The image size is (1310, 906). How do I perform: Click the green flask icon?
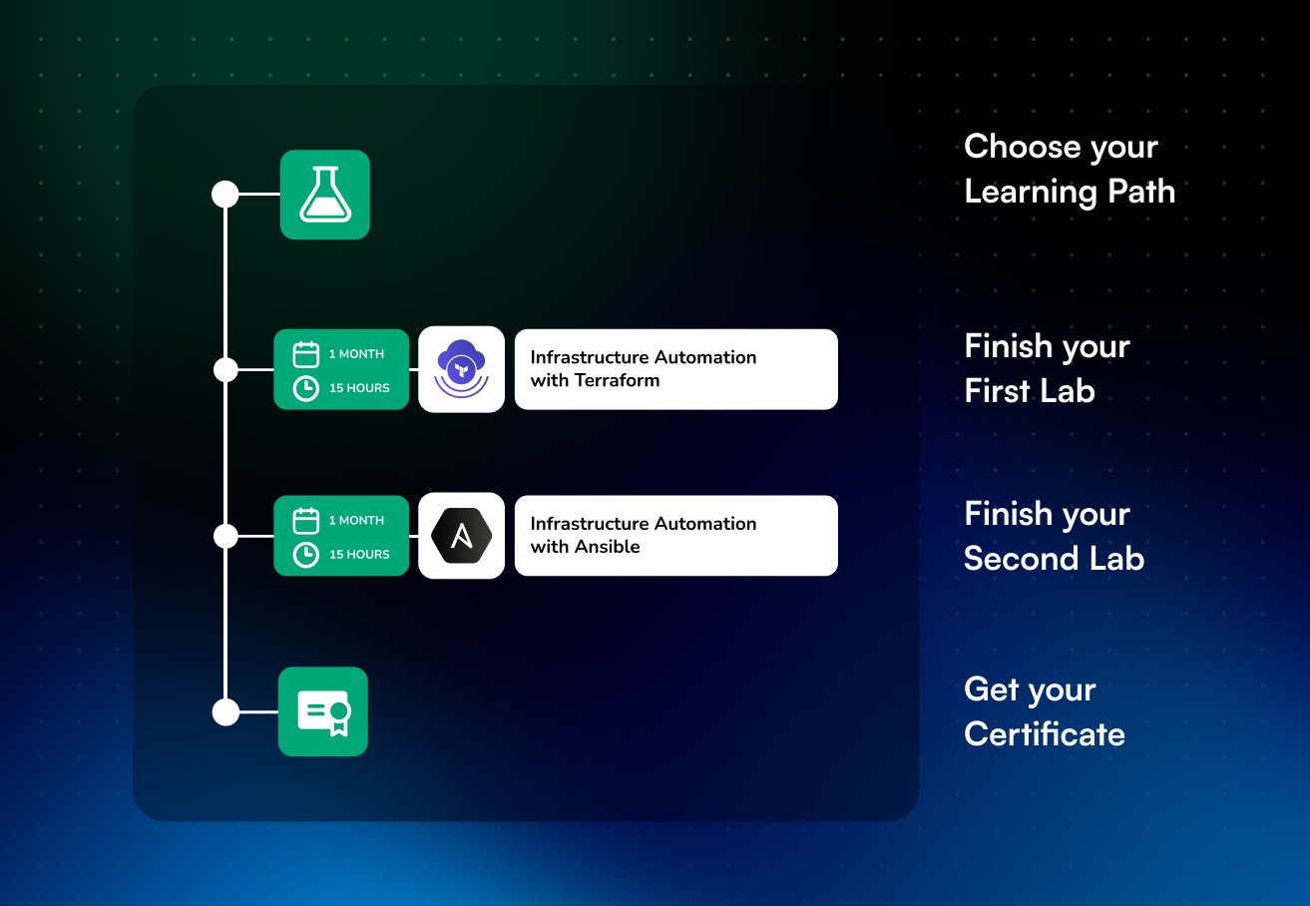point(325,195)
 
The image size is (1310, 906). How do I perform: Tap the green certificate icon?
point(323,711)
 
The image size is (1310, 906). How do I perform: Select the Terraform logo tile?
point(461,369)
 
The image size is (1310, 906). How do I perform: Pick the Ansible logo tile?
point(461,536)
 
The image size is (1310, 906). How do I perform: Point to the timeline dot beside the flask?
point(225,195)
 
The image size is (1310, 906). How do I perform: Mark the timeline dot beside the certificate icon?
point(225,712)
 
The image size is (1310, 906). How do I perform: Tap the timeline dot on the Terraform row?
point(225,369)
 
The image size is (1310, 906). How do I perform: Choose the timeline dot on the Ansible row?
point(225,536)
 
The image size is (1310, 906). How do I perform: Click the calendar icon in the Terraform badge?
point(305,354)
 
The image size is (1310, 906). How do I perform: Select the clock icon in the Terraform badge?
point(305,388)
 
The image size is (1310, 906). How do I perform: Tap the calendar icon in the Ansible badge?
point(305,521)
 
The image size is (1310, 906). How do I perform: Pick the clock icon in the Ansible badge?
point(305,555)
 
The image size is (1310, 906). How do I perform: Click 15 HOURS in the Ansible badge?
point(359,555)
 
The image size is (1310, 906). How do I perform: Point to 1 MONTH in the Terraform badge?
point(356,354)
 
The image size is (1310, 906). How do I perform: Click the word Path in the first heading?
point(1141,192)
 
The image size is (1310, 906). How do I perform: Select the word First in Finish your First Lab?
point(998,391)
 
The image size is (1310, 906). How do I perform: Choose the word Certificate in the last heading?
point(1045,734)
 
